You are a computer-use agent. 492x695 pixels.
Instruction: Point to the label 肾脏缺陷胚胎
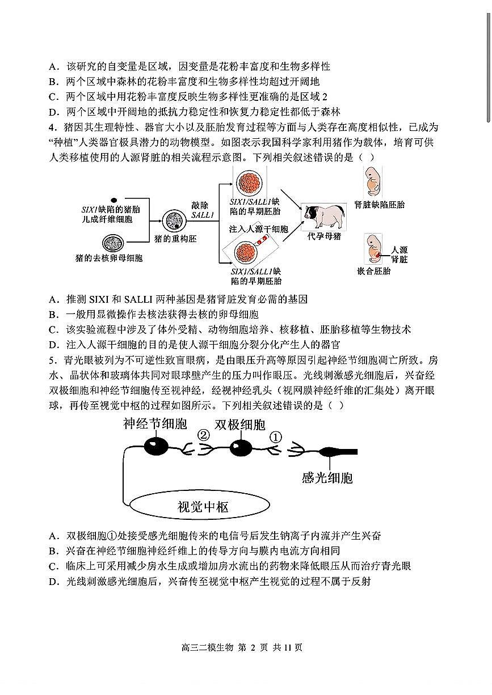coord(379,205)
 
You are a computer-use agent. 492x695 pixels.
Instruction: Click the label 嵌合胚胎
coord(373,271)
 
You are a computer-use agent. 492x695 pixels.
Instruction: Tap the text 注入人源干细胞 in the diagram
coord(258,230)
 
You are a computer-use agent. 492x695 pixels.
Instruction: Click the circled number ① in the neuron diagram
coord(275,437)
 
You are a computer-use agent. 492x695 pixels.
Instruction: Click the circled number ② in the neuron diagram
coord(203,436)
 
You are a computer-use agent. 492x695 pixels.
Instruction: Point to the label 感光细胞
coord(327,478)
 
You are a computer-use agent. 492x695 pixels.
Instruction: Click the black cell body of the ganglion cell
coord(154,447)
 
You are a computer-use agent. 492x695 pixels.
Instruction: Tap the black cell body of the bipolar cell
coord(241,448)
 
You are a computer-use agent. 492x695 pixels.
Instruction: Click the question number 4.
coord(51,127)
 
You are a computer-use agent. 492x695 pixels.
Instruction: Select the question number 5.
coord(51,360)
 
